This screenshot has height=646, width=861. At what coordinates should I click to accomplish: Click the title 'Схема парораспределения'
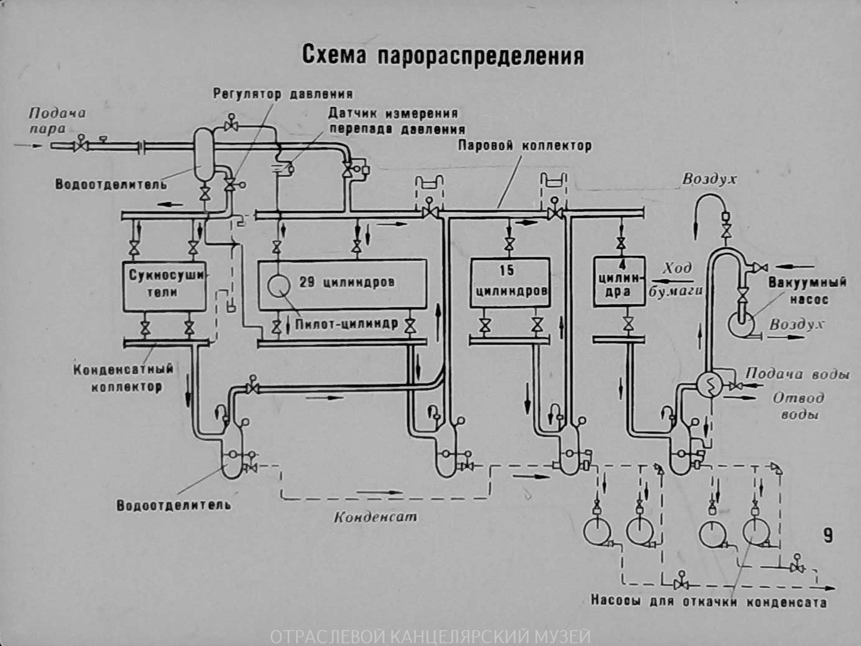click(x=443, y=55)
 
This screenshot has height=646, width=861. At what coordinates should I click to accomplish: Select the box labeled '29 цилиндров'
click(x=341, y=284)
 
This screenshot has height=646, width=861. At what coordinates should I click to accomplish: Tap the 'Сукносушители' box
click(x=164, y=284)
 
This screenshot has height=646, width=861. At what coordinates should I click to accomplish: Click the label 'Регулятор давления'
click(x=283, y=95)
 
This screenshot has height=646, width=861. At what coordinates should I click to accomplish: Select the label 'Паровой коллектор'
click(x=524, y=146)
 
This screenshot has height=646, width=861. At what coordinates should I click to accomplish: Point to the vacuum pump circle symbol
click(x=740, y=323)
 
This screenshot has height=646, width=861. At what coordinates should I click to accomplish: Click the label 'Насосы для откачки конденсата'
click(x=708, y=601)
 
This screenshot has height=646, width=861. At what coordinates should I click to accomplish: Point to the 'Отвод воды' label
click(x=799, y=406)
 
